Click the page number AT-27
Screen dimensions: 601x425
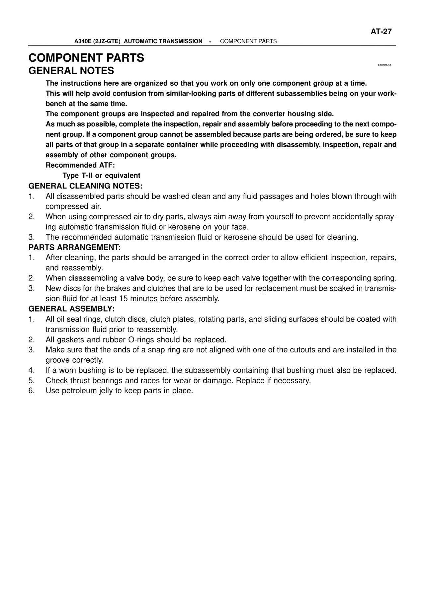(381, 32)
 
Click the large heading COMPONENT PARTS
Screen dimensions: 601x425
(86, 58)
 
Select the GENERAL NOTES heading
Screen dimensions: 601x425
(71, 71)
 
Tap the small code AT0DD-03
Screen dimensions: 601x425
(384, 65)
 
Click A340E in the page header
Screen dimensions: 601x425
(83, 41)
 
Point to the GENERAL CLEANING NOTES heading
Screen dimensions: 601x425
(85, 186)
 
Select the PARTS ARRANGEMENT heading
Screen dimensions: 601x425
(74, 247)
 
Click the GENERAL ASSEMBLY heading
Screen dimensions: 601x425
(71, 309)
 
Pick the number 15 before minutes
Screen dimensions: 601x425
(123, 299)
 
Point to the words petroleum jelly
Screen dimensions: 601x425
(87, 391)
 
